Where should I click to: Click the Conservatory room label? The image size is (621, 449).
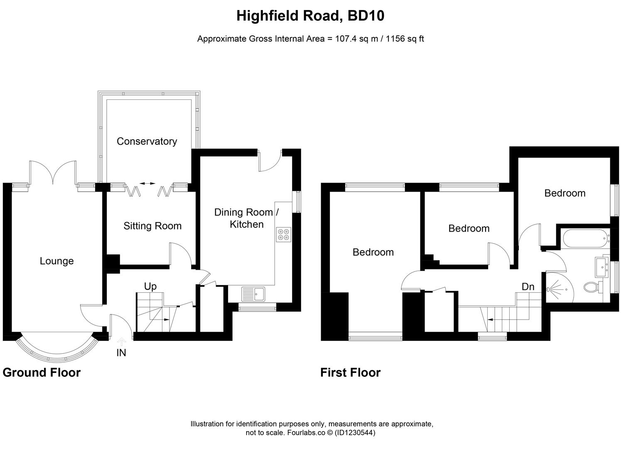[x=147, y=141]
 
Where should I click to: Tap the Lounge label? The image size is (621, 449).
[x=56, y=261]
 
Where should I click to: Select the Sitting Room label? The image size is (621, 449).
[x=152, y=226]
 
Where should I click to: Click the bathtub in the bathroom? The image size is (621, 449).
[x=584, y=238]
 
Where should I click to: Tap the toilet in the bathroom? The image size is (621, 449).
[x=592, y=287]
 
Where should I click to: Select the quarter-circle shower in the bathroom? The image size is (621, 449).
[x=557, y=289]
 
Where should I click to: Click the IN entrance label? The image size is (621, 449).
[x=121, y=353]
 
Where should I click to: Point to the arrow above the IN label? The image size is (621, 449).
[x=121, y=342]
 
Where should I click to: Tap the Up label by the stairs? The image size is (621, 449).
[x=150, y=286]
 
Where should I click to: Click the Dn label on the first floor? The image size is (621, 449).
[x=528, y=287]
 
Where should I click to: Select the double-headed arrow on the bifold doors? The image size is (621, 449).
[x=147, y=183]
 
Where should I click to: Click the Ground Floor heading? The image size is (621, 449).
[x=42, y=373]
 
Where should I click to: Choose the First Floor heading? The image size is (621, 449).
[x=350, y=373]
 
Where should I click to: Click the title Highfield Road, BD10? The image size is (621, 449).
[x=310, y=16]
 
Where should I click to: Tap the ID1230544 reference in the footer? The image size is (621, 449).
[x=355, y=433]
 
